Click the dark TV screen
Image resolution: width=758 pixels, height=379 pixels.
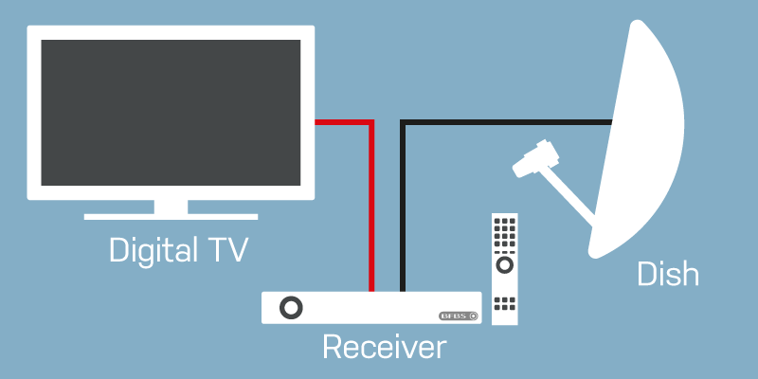[x=170, y=112]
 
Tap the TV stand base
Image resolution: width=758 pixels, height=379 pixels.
[x=171, y=217]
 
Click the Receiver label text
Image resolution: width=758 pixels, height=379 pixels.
[x=383, y=347]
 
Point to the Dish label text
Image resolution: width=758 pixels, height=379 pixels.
[x=667, y=275]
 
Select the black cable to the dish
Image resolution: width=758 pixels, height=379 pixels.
[x=512, y=121]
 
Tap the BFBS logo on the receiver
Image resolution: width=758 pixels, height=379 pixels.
[x=460, y=316]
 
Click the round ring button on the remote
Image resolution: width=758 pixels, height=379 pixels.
[x=505, y=263]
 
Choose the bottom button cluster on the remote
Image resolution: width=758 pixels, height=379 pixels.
[x=505, y=303]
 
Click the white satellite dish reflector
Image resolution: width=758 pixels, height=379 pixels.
[x=644, y=142]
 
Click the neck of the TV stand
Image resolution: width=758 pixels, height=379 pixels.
[x=171, y=206]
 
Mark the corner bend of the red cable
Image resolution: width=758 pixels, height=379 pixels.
[x=371, y=121]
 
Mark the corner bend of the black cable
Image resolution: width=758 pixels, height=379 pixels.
[x=404, y=121]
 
